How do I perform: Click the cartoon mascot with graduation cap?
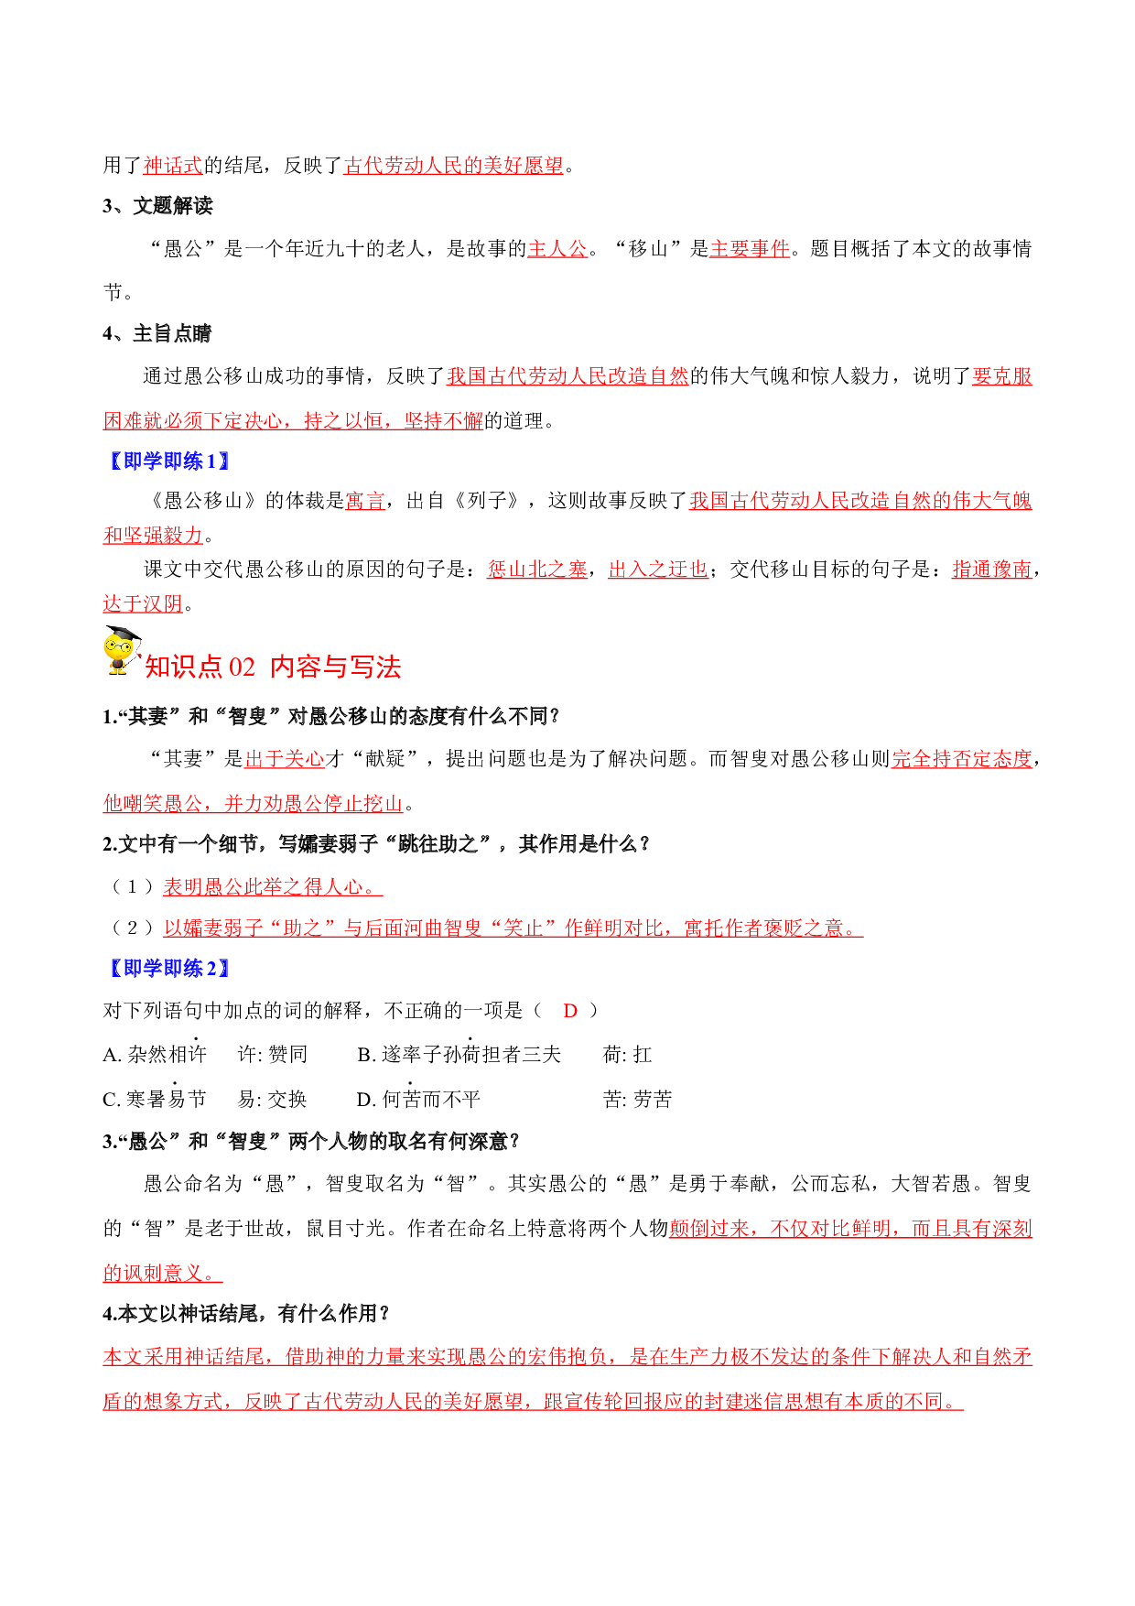pos(123,651)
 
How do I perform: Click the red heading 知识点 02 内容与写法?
pos(273,667)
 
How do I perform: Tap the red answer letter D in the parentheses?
pos(570,1011)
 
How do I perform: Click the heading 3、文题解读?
pos(157,206)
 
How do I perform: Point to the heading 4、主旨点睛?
pos(157,334)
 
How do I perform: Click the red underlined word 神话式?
pos(173,166)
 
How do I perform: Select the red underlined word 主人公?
pos(557,249)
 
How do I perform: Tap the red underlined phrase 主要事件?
pos(750,249)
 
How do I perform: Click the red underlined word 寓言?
pos(365,501)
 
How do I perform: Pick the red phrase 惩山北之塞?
pos(537,570)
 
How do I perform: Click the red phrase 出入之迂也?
pos(658,570)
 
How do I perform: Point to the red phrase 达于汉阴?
pos(143,604)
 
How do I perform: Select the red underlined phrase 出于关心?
pos(285,759)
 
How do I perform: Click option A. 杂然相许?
pos(155,1055)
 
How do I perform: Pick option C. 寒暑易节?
pos(155,1099)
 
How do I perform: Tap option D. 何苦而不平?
pos(418,1099)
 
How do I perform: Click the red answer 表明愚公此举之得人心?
pos(273,887)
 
